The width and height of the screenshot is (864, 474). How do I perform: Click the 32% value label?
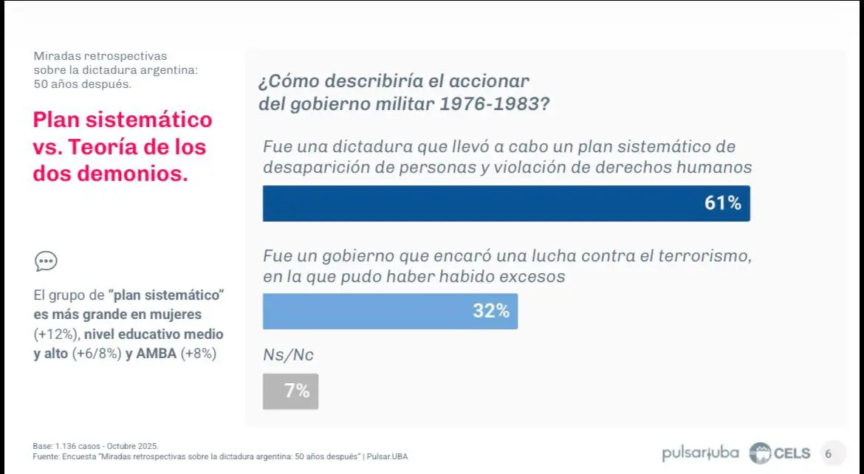click(491, 312)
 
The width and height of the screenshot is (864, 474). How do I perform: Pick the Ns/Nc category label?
click(288, 355)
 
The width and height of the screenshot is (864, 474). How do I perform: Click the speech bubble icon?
click(46, 261)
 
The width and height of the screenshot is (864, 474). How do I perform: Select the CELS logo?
click(780, 453)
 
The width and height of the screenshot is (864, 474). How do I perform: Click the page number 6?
click(828, 453)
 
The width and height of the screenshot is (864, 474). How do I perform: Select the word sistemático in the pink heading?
click(154, 120)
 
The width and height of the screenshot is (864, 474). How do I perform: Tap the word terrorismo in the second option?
click(702, 257)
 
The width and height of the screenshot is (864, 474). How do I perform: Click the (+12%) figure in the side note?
click(53, 334)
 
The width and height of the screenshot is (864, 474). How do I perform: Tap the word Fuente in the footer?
click(45, 457)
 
